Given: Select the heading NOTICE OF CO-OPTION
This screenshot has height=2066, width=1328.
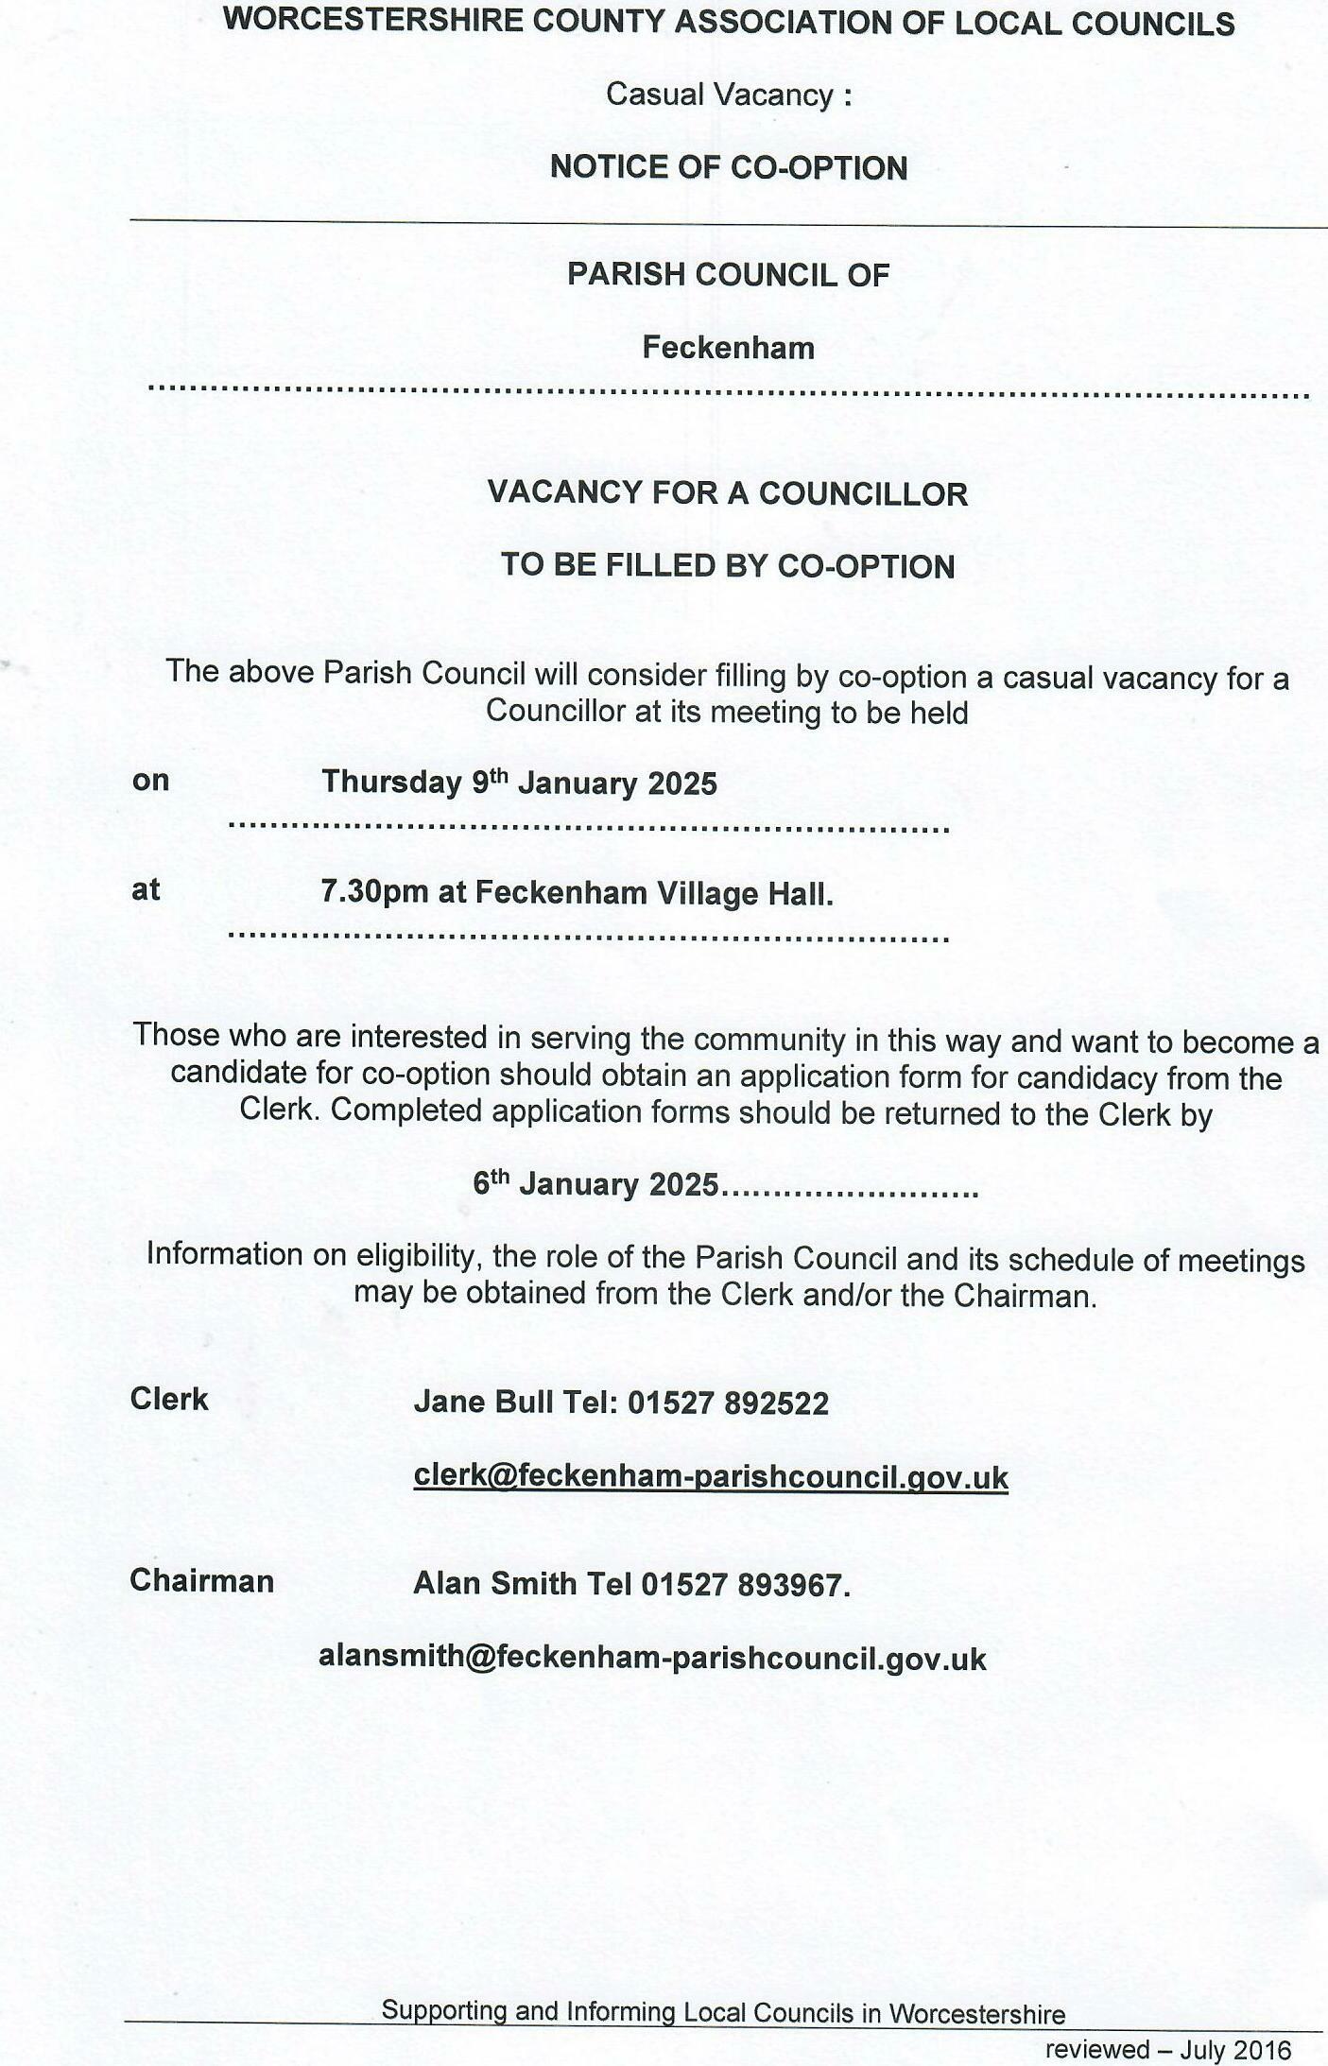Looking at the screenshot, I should click(x=729, y=167).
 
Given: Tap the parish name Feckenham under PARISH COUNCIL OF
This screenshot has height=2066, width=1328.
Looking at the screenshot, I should click(x=728, y=348).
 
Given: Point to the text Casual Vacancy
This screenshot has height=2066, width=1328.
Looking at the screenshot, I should click(x=720, y=95).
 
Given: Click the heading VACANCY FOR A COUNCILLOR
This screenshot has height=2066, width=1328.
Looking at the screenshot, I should click(x=727, y=493).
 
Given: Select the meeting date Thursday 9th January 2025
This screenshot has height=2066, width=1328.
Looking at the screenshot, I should click(x=519, y=783).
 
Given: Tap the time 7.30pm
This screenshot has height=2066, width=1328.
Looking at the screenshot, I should click(x=374, y=891).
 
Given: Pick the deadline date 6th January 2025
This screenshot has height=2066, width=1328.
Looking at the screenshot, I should click(x=595, y=1184).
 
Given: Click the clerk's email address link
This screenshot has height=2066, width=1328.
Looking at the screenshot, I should click(x=711, y=1476).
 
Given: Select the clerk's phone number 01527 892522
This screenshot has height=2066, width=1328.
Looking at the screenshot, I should click(x=728, y=1403).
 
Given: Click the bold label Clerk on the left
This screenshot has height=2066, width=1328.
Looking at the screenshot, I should click(x=169, y=1399).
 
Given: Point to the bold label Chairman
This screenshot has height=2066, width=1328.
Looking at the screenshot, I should click(x=201, y=1580).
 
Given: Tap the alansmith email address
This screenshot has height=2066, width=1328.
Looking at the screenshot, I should click(x=652, y=1658).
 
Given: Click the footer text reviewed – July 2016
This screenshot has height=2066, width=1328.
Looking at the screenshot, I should click(x=1167, y=2049).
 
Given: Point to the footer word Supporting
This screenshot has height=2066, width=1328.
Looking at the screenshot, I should click(x=444, y=2010).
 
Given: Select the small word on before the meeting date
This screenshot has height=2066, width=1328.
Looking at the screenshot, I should click(x=150, y=781).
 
